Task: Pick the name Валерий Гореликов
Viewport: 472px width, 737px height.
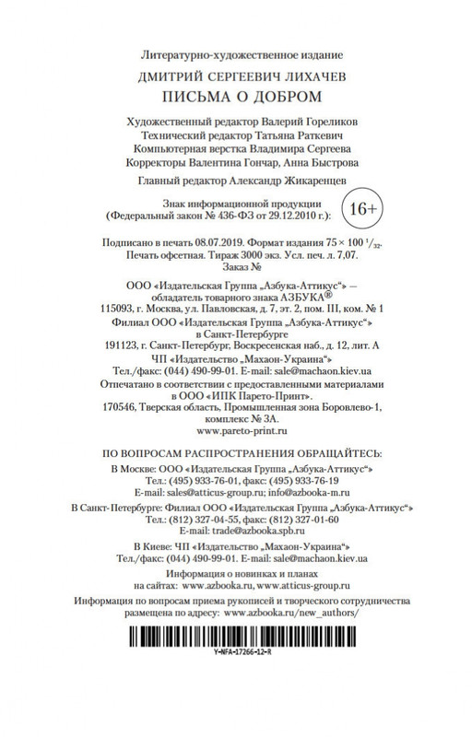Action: (299, 121)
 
